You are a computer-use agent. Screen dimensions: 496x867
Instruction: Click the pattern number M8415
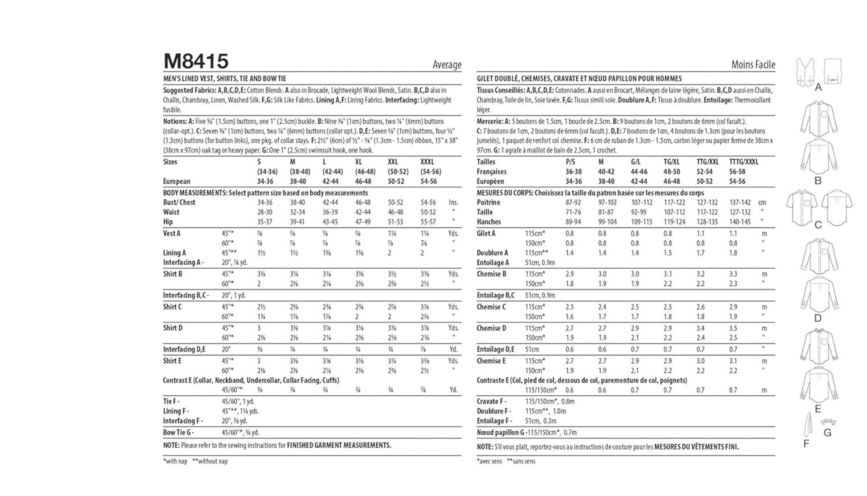point(196,61)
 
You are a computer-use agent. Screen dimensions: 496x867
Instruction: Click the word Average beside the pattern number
point(447,65)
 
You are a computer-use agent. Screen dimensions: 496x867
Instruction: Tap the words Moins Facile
point(753,65)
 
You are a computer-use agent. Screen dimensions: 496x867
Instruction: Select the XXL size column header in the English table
point(393,162)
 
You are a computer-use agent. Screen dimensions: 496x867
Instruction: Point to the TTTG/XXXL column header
point(743,162)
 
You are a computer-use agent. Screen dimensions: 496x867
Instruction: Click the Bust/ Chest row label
point(179,202)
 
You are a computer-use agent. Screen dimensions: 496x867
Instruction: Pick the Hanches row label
point(489,222)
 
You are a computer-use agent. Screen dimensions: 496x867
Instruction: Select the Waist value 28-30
point(265,212)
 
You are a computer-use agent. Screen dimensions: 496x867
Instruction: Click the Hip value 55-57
point(428,222)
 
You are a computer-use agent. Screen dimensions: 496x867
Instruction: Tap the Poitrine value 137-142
point(740,202)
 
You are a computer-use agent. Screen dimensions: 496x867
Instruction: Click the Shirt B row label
point(172,274)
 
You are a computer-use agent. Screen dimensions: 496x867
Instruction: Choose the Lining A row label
point(174,253)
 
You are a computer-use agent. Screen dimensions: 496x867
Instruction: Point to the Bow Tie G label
point(178,432)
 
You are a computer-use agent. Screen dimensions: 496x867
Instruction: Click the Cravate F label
point(491,401)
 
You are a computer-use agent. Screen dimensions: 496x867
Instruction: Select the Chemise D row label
point(491,328)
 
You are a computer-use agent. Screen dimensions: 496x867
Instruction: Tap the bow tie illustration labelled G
point(828,422)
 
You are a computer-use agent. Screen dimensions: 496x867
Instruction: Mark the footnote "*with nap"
point(175,461)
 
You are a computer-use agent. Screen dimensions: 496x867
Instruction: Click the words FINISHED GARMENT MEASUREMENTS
point(339,445)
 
